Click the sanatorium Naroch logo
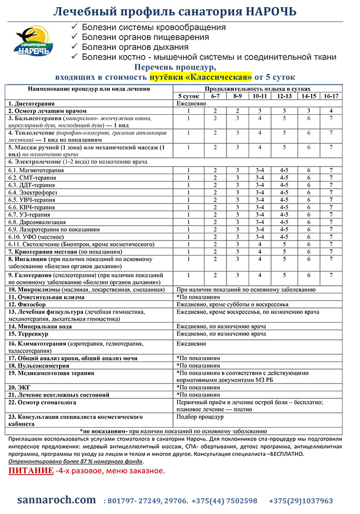click(x=33, y=42)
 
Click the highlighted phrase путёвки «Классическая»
click(x=201, y=77)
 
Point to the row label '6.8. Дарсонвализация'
click(x=39, y=222)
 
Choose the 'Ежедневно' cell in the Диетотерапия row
click(x=192, y=103)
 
